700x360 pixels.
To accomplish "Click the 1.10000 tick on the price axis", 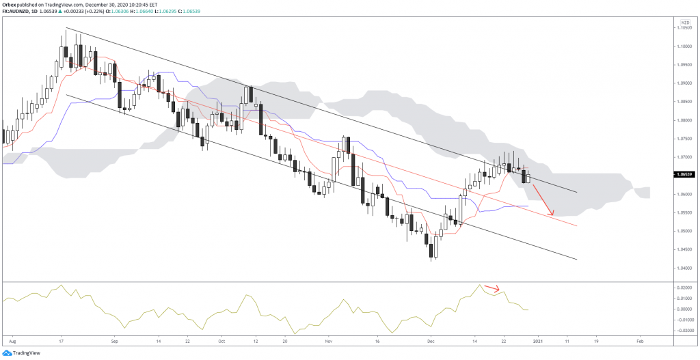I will [x=684, y=46].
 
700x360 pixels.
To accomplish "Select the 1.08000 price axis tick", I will [x=684, y=120].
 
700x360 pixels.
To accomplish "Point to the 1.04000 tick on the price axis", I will [x=684, y=268].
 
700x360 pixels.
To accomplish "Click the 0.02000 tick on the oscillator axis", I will [x=684, y=289].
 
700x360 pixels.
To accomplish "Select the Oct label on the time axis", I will [x=221, y=340].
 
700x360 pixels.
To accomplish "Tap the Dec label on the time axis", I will [x=430, y=340].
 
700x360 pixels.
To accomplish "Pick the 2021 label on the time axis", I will [x=538, y=340].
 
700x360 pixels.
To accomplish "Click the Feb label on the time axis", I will [x=639, y=340].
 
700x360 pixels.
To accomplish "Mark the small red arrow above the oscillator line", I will [x=492, y=288].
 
